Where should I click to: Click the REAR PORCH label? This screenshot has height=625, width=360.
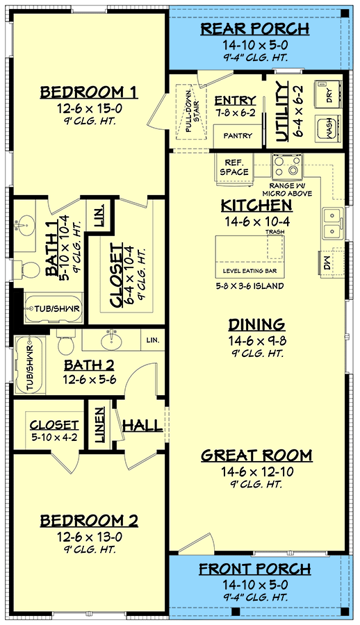pos(256,28)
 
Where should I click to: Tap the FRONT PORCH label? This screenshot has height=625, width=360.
pos(256,569)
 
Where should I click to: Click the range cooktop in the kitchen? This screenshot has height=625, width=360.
pos(286,166)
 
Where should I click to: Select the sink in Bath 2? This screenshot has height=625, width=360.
pos(110,341)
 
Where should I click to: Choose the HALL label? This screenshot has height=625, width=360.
pos(142,425)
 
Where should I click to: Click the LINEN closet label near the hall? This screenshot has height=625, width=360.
pos(100,425)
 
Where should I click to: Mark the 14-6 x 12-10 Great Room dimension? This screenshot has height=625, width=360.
pos(256,472)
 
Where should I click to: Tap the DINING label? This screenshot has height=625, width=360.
pos(256,324)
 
